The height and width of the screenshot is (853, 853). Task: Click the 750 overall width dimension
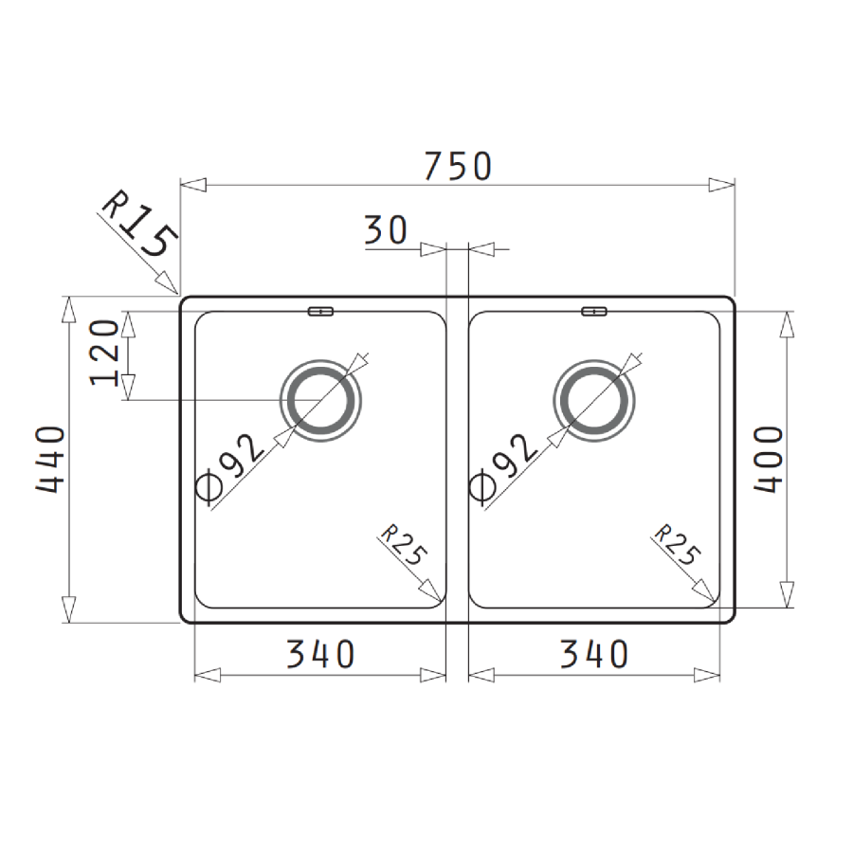pos(458,166)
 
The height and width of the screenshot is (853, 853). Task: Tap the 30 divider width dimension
pos(385,229)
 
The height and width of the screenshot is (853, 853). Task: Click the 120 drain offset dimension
pos(106,354)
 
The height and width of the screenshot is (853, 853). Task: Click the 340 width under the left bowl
pos(320,653)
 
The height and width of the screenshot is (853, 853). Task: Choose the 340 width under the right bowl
pos(593,653)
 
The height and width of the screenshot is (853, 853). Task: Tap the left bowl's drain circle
pos(321,400)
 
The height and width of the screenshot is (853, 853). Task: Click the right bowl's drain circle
pos(594,400)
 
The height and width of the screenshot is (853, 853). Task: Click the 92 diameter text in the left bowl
pos(242,455)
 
